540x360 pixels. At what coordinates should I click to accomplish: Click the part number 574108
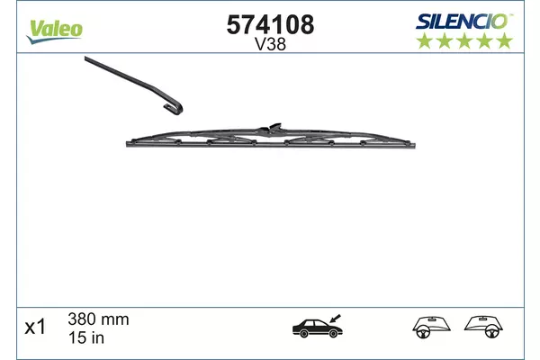click(270, 25)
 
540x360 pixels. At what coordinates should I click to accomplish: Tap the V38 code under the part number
click(270, 44)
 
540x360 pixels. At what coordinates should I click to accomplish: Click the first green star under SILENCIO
click(425, 40)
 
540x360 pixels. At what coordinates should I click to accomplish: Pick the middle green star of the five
click(464, 40)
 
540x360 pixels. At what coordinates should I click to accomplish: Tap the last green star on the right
click(505, 40)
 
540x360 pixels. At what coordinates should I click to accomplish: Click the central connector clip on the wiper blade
click(272, 128)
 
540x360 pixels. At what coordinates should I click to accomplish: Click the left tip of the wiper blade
click(127, 144)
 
